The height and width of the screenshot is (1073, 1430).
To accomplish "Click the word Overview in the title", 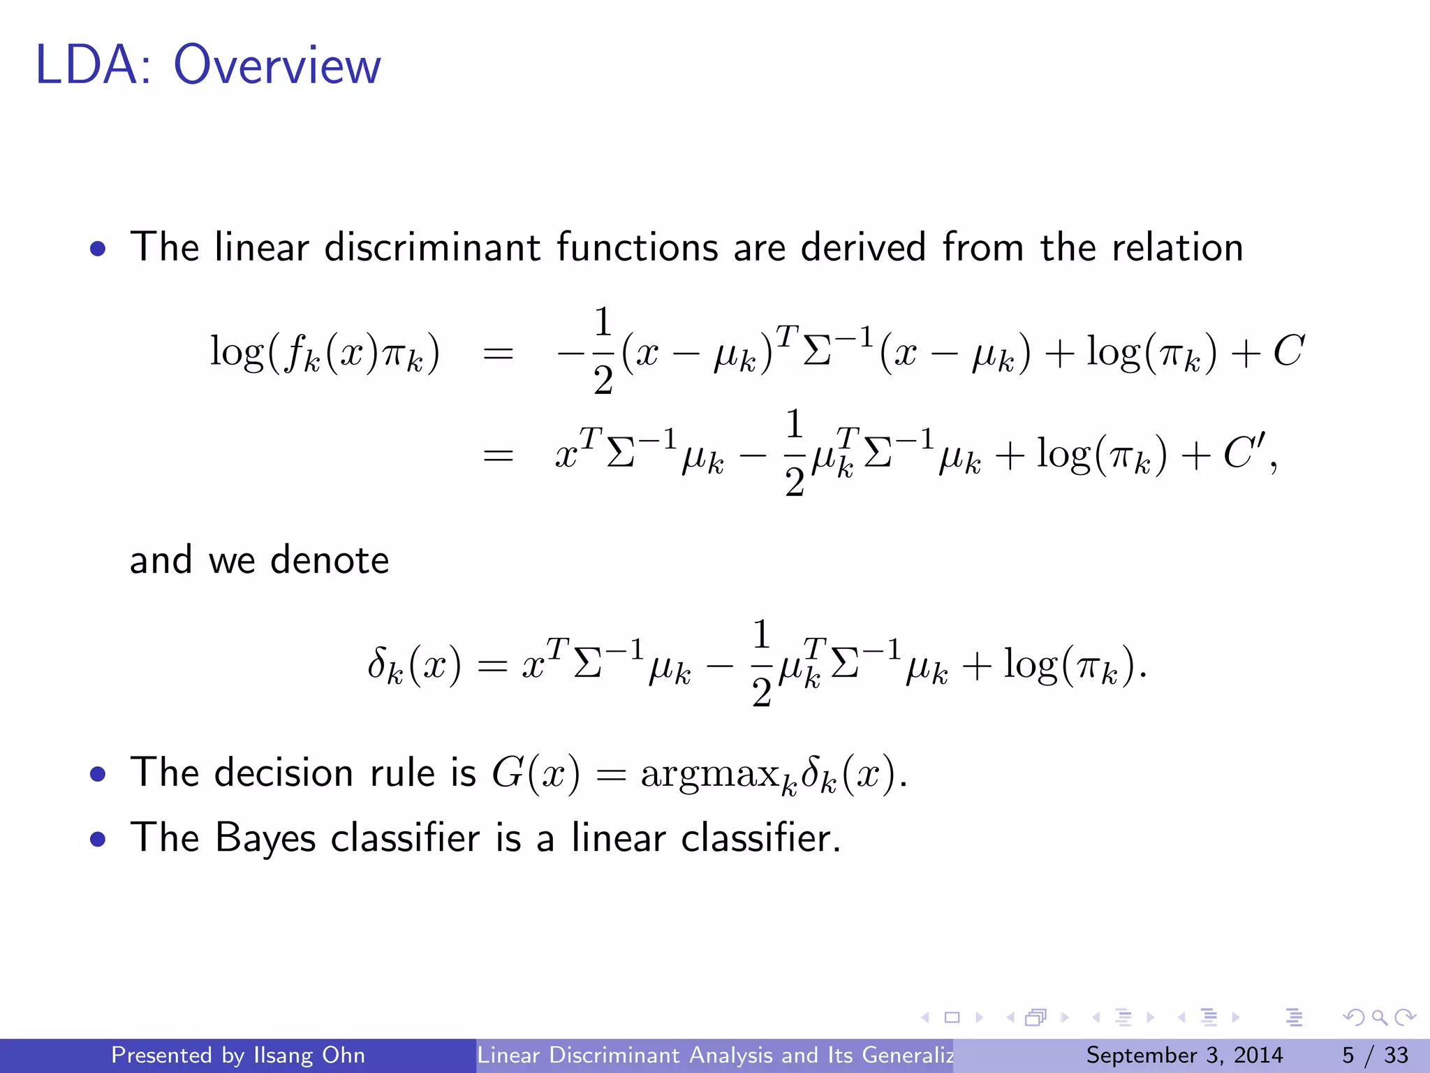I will (277, 66).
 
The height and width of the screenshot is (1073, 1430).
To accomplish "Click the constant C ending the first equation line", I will (1288, 351).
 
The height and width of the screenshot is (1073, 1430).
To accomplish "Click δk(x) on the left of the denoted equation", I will (414, 664).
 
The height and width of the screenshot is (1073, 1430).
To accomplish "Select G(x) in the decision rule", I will (536, 773).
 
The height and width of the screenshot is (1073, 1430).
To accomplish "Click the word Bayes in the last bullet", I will (265, 838).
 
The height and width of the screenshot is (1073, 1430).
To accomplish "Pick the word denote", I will (329, 560).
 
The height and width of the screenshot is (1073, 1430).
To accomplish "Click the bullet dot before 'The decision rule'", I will (98, 774).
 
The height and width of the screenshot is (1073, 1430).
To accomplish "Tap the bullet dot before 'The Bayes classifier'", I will (98, 838).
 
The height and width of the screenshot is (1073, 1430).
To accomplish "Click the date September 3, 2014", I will (1184, 1055).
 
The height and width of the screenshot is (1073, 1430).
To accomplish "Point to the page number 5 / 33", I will (1375, 1055).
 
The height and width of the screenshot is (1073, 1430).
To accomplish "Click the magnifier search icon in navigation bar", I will (1379, 1017).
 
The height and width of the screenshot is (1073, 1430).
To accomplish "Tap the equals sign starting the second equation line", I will (498, 455).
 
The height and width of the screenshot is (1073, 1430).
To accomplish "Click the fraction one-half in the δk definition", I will (761, 664).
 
